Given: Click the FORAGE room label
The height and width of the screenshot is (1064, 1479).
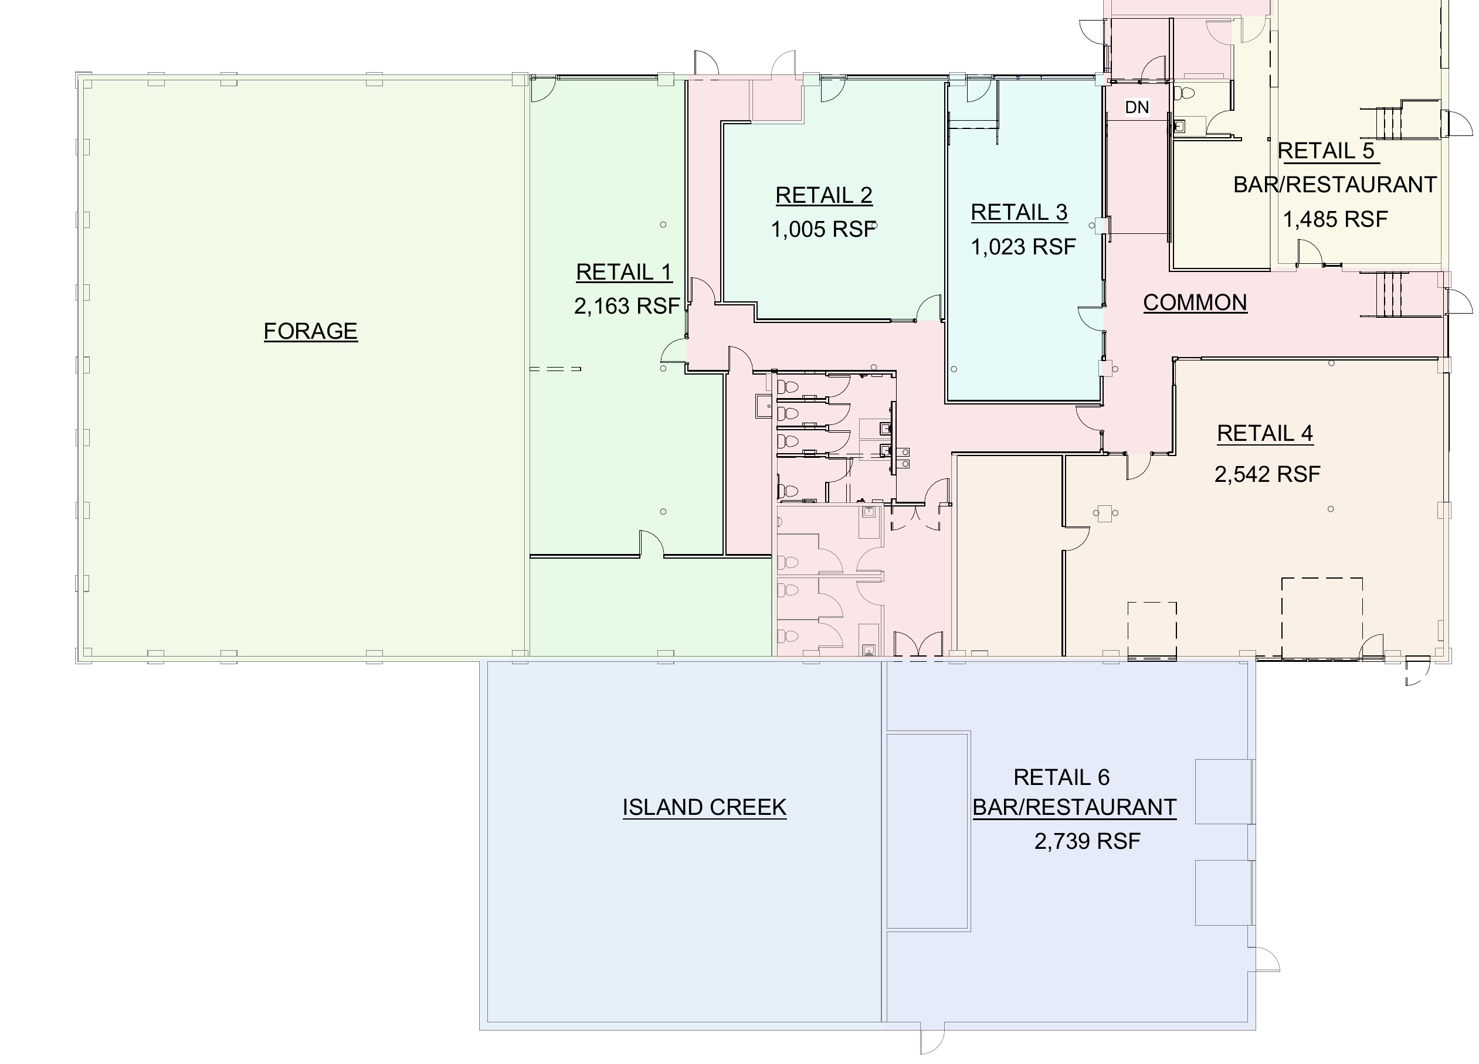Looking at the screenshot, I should tap(310, 331).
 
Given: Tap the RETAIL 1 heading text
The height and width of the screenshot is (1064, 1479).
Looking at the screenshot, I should tap(624, 272).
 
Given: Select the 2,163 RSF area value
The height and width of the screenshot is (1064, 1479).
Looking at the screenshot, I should tap(627, 306).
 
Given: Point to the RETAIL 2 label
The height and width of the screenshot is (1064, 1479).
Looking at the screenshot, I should tap(823, 195).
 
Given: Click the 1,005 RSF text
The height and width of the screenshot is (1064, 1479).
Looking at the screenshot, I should tap(823, 229).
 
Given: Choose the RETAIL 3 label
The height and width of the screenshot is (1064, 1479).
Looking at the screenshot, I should tap(1019, 213).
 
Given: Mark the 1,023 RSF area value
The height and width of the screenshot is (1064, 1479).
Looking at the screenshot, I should tap(1023, 247).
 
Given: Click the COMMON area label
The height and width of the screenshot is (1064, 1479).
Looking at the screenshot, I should tap(1195, 302).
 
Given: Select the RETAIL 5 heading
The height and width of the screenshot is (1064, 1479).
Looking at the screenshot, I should tap(1326, 151).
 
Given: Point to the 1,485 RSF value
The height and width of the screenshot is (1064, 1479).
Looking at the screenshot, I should tap(1335, 220).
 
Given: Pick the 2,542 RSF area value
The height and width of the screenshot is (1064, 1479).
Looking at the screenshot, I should tap(1267, 475).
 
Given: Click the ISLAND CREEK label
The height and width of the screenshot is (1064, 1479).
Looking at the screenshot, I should tap(704, 808).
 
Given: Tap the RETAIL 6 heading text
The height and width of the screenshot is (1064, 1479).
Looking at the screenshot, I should tap(1061, 777).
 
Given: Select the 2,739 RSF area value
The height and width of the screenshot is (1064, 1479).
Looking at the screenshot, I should tap(1087, 842).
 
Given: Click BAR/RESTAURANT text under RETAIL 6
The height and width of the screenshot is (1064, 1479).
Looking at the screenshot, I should tap(1074, 808).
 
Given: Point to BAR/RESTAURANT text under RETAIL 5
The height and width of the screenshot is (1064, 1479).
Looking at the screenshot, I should tap(1335, 185).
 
